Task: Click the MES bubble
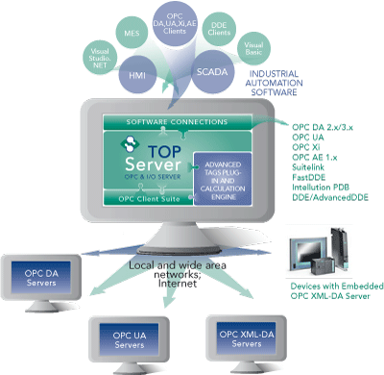pos(138,37)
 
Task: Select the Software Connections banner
pos(191,121)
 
